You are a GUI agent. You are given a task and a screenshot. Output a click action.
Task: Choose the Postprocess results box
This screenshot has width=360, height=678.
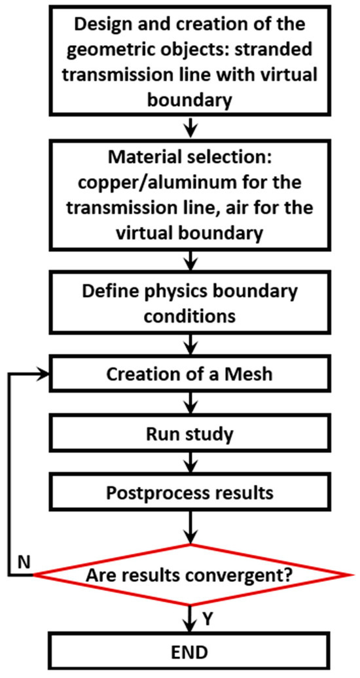(189, 493)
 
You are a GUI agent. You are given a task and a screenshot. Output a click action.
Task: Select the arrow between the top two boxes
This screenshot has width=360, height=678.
(189, 124)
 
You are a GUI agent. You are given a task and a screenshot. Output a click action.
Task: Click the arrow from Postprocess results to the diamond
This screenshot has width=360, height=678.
(189, 527)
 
